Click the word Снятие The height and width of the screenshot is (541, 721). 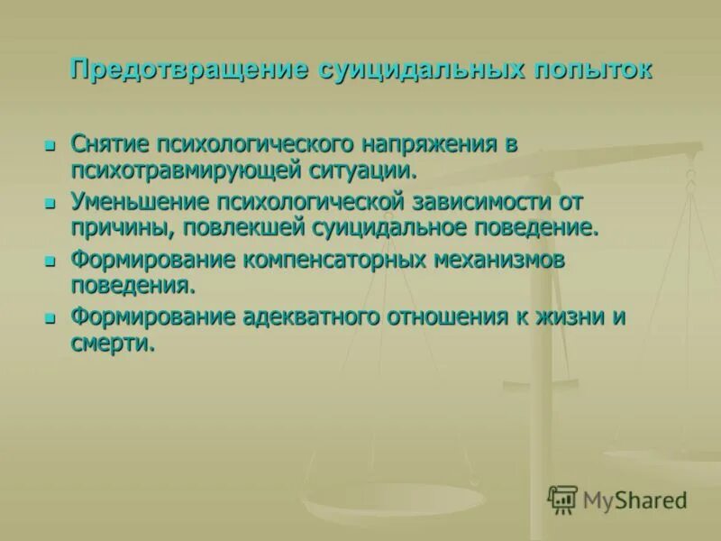pyautogui.click(x=111, y=144)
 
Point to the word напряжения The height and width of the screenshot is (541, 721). pyautogui.click(x=430, y=144)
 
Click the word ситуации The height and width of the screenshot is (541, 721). pyautogui.click(x=366, y=169)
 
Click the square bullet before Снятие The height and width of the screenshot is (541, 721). pyautogui.click(x=51, y=145)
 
